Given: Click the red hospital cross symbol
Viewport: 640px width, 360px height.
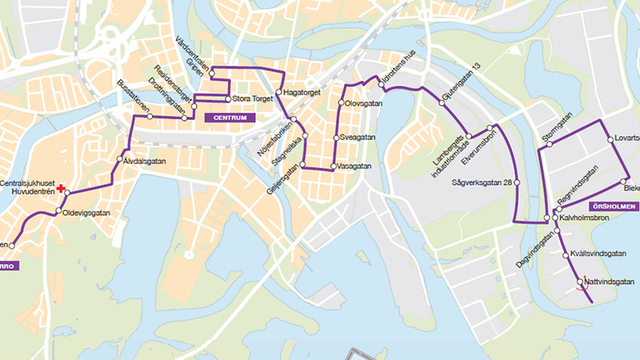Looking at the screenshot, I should (60, 185).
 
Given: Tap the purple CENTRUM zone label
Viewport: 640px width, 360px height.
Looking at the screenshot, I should (230, 118).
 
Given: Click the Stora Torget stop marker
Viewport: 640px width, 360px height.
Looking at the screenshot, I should (227, 99).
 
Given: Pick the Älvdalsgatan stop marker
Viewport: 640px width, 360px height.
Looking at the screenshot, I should (122, 161).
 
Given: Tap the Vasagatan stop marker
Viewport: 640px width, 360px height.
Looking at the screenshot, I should (333, 166).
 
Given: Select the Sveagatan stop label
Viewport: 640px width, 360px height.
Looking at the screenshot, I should (358, 138).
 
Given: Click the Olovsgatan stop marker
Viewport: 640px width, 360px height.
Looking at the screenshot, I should (340, 103).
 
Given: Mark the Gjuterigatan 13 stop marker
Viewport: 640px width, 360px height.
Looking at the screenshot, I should (440, 102).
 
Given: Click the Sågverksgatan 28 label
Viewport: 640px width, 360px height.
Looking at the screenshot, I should (482, 183).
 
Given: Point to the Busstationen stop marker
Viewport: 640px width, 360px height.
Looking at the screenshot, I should (149, 117).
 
